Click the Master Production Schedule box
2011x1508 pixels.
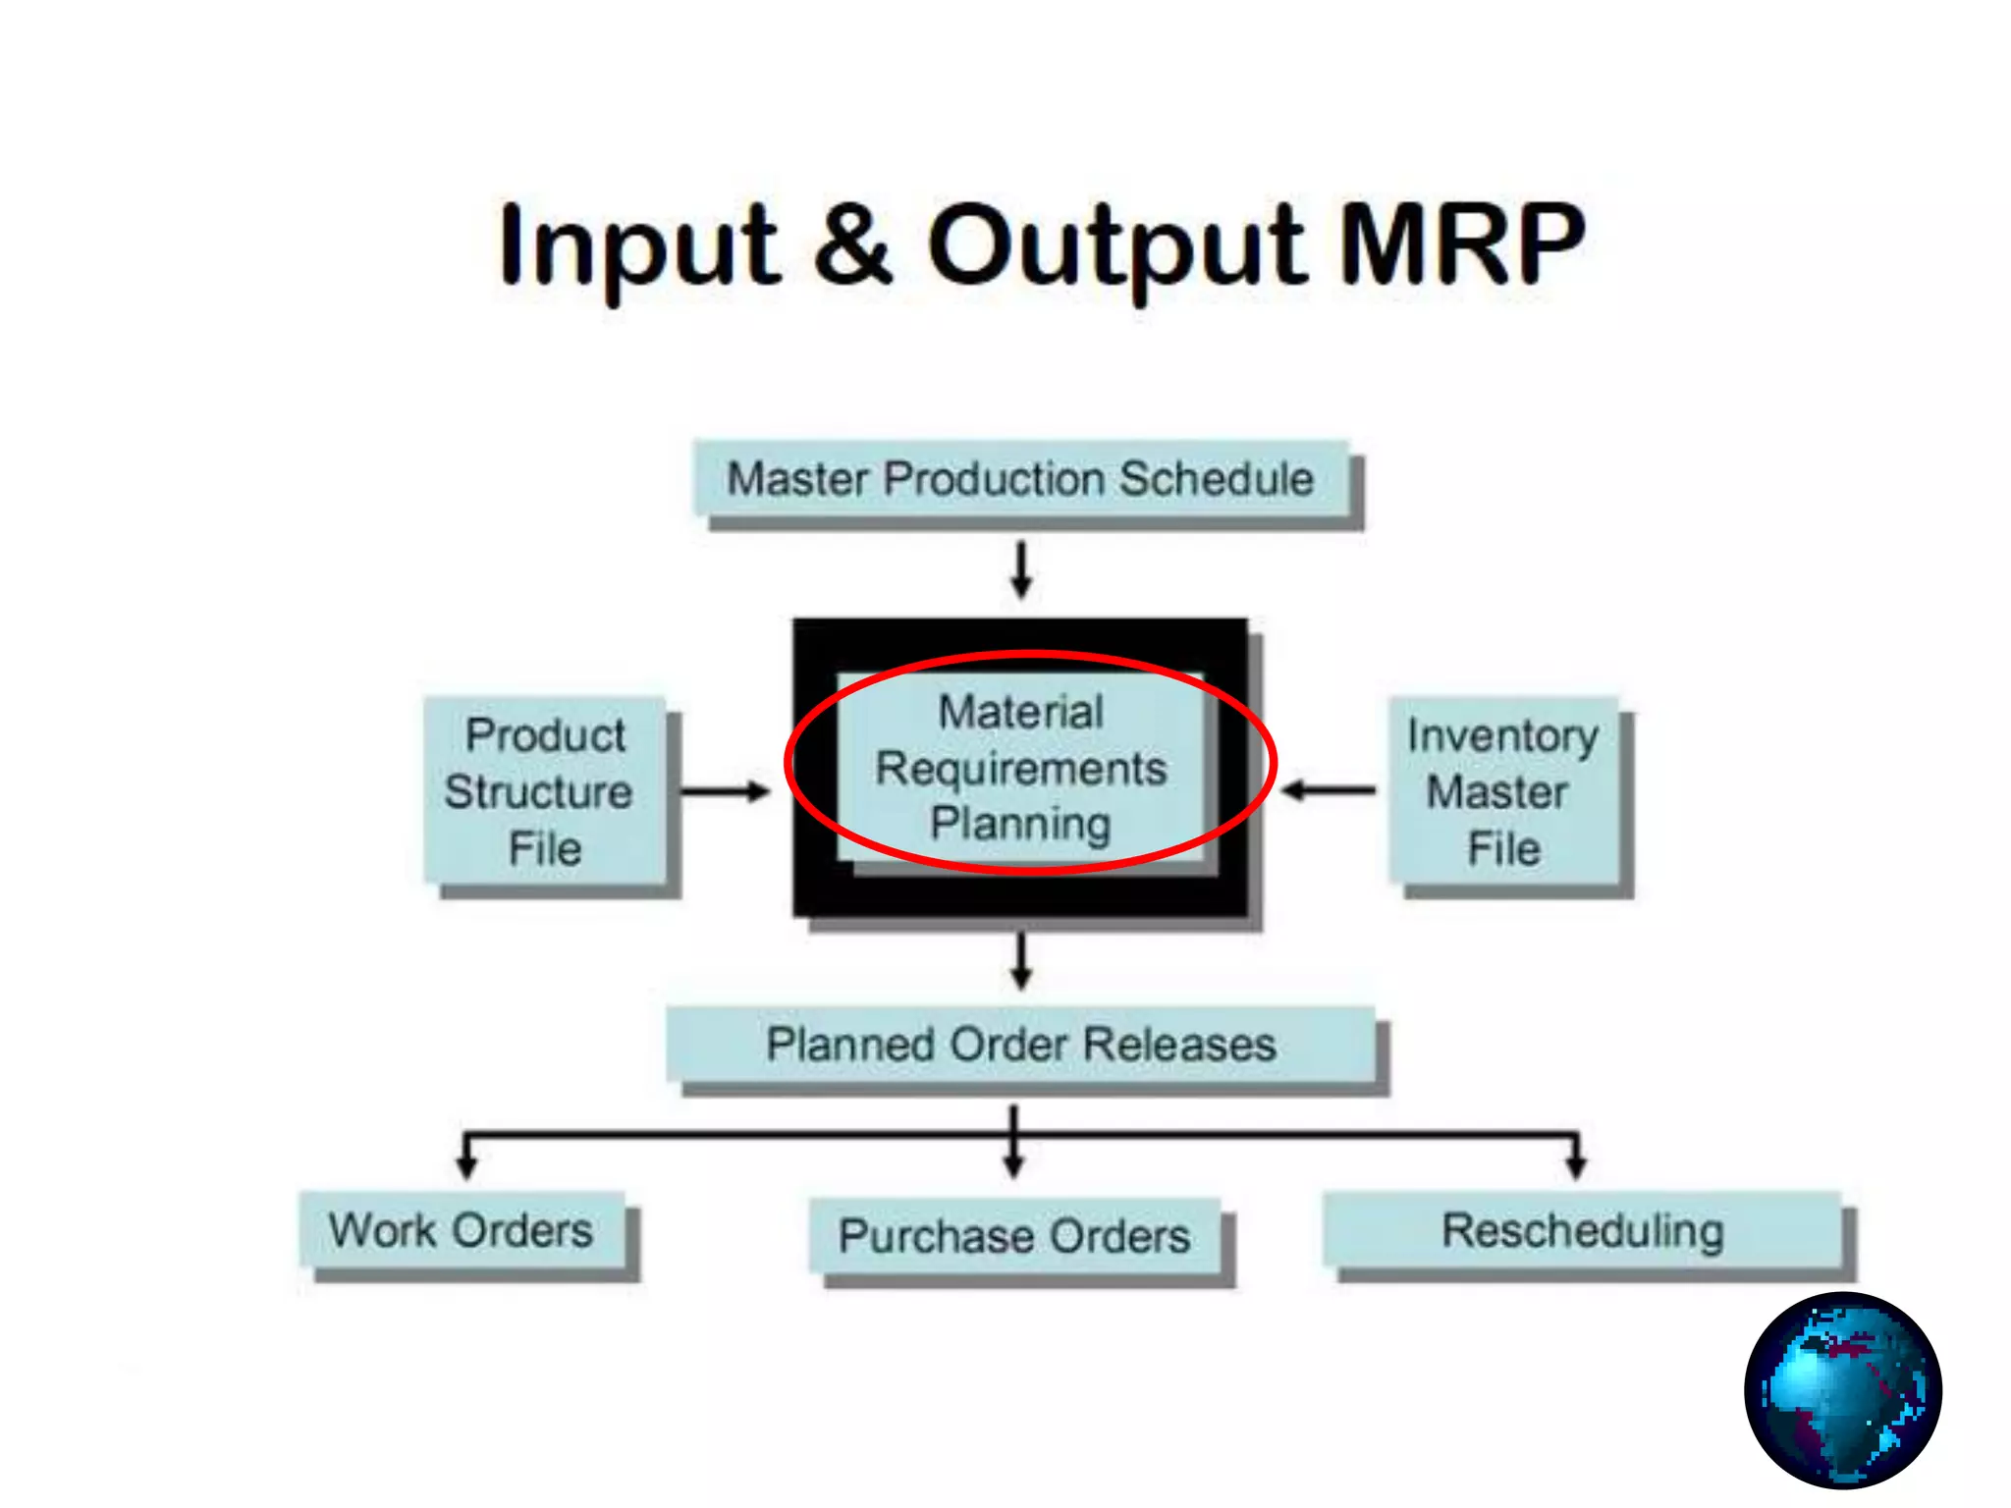tap(1021, 479)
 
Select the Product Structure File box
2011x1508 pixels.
tap(546, 791)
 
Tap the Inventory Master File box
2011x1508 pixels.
tap(1504, 791)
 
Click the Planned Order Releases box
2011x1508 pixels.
tap(1021, 1045)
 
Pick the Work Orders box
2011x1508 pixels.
tap(462, 1230)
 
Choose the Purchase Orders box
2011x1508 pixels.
tap(1014, 1236)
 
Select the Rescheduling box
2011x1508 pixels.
tap(1583, 1230)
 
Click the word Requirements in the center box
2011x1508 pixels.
tap(1021, 768)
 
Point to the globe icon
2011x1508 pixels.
tap(1843, 1390)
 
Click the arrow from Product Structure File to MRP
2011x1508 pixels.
tap(725, 791)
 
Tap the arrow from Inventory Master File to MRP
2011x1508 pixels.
tap(1330, 789)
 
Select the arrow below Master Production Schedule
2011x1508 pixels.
tap(1021, 569)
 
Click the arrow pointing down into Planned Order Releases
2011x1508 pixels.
tap(1021, 960)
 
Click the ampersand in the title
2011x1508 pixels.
tap(853, 242)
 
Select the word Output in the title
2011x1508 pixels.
tap(1115, 245)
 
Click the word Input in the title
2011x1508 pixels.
tap(638, 245)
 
